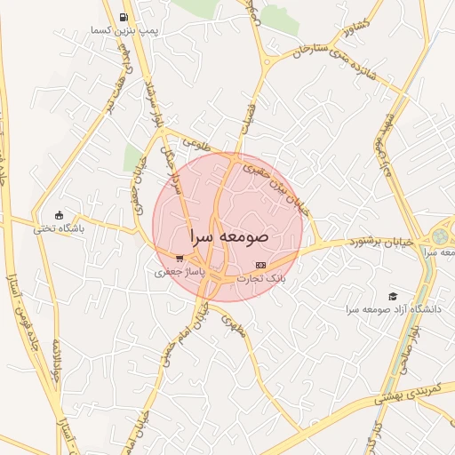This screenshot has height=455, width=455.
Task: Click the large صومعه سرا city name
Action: [227, 238]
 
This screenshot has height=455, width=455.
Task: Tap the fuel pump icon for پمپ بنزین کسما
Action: [123, 17]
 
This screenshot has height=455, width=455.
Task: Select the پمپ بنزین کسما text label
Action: [124, 30]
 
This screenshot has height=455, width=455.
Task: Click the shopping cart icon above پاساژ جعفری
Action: [180, 259]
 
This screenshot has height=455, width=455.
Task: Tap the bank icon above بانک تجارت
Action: [259, 265]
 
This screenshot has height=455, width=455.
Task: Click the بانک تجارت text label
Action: [260, 277]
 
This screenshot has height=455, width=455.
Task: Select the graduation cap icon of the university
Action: [393, 296]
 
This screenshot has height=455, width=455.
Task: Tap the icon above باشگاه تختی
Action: [59, 214]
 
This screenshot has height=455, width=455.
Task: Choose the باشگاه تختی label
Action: [59, 227]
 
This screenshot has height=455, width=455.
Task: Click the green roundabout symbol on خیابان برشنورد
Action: [441, 237]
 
